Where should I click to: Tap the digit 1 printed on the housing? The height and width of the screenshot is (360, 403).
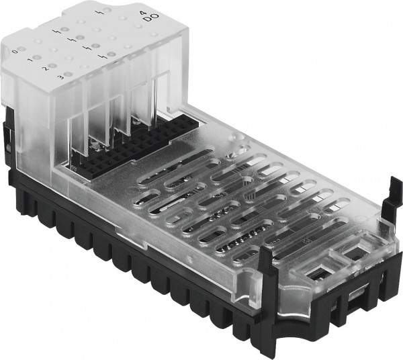pos(30,60)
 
